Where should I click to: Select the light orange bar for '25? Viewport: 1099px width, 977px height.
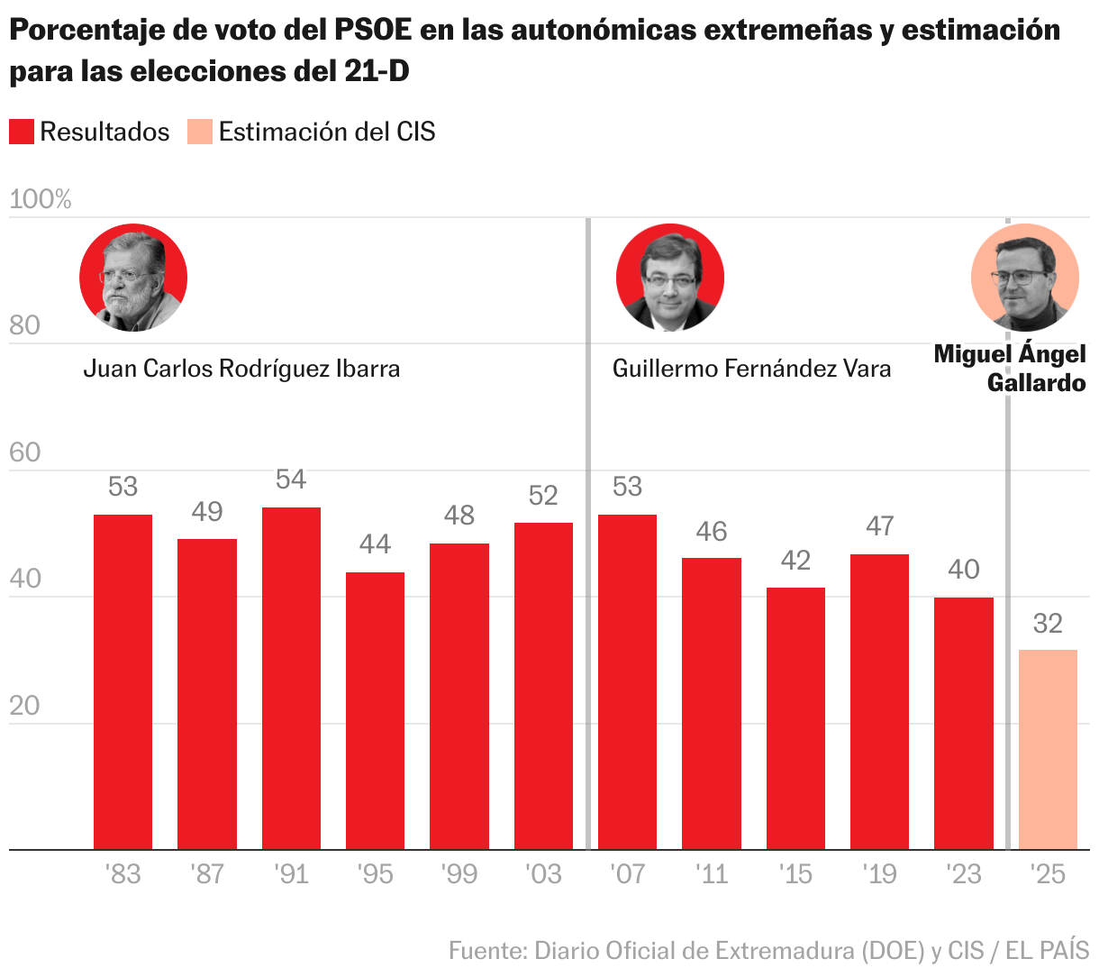click(1048, 749)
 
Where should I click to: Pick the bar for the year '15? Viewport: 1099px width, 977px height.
click(795, 717)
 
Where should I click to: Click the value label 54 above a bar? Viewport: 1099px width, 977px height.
click(291, 479)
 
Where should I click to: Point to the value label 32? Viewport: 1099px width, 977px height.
click(1048, 623)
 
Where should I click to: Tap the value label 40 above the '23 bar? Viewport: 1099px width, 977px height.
click(964, 570)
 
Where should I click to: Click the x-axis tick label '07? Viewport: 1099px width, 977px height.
click(627, 874)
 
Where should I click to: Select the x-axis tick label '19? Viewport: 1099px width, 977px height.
click(879, 874)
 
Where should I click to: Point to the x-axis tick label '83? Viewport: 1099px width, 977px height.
click(123, 874)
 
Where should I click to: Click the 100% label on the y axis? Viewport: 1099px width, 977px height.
click(41, 199)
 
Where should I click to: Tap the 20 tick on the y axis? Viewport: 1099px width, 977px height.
click(25, 706)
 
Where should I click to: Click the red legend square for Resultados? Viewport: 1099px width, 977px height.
click(22, 132)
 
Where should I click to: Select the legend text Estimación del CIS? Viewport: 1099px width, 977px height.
click(327, 132)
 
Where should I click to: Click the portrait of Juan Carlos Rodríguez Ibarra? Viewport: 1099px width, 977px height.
click(133, 278)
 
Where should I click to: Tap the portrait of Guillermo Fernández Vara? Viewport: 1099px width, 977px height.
click(669, 278)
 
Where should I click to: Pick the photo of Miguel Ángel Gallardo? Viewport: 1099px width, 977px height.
click(1024, 278)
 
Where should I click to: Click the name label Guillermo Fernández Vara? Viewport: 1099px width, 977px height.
click(751, 369)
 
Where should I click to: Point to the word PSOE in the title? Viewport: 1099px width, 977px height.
click(373, 31)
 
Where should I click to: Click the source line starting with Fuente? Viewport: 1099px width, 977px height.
click(768, 950)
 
